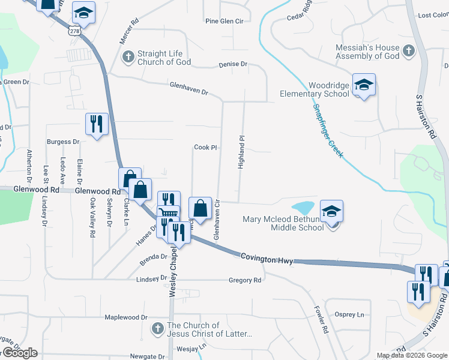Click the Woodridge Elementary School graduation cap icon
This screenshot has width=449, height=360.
tap(364, 85)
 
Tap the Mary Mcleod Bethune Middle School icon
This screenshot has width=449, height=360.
tap(331, 211)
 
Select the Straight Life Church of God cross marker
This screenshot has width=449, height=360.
tap(127, 58)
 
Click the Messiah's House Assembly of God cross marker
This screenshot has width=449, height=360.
tap(409, 51)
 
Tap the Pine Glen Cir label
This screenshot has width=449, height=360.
tap(224, 21)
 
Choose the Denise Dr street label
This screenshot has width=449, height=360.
tap(233, 64)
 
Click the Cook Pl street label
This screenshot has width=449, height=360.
tap(205, 147)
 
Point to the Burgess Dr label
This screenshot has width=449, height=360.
tap(63, 142)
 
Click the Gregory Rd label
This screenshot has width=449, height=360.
tap(245, 280)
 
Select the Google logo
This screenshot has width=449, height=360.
tap(19, 353)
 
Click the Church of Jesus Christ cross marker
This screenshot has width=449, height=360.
tap(157, 329)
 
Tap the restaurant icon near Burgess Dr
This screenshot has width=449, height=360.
tap(96, 124)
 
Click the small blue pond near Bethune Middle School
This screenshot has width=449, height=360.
tap(304, 208)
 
